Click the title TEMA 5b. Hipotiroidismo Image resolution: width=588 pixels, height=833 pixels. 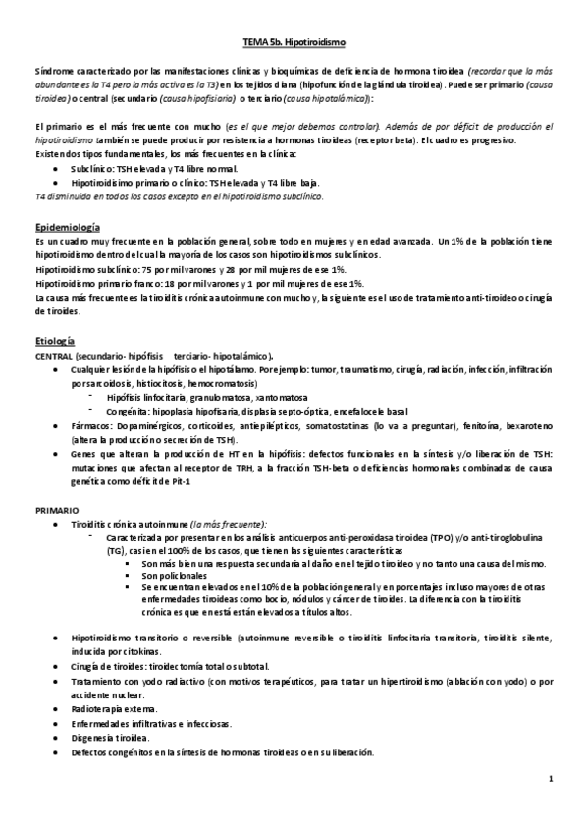[294, 44]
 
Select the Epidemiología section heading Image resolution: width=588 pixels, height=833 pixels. [65, 226]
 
